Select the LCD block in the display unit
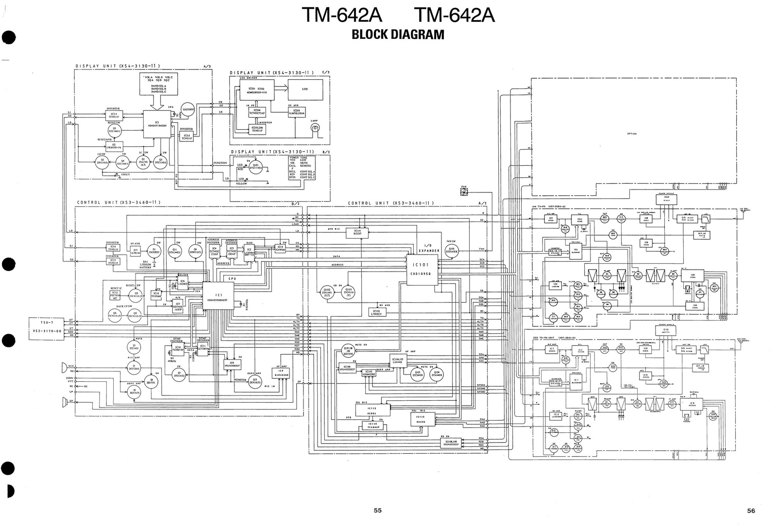pos(305,89)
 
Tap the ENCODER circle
pos(188,110)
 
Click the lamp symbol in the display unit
pos(315,128)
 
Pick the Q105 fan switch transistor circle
pos(452,251)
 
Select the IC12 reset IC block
pos(116,295)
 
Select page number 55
pos(378,510)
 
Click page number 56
pos(751,510)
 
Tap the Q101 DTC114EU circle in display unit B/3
pos(257,167)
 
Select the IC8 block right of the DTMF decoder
pos(232,364)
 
